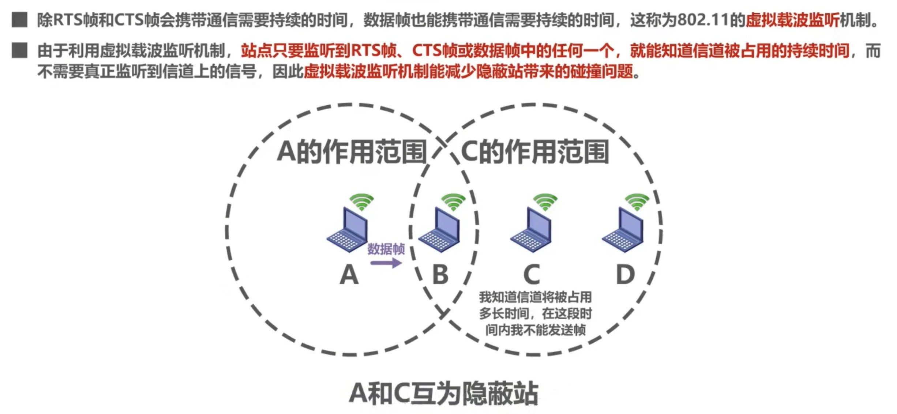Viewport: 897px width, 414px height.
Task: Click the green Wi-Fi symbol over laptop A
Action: coord(361,202)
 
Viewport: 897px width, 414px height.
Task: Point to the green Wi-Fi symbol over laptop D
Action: coord(637,202)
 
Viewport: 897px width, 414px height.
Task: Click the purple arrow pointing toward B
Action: coord(386,263)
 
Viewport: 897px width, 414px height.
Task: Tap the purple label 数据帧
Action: coord(386,249)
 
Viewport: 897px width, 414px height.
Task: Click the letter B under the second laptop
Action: coord(440,275)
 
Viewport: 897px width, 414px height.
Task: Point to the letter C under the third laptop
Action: coord(532,275)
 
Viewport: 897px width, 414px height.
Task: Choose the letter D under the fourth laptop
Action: coord(625,275)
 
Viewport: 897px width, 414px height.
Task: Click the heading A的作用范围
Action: coord(352,152)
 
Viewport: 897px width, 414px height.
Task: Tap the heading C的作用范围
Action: coord(535,152)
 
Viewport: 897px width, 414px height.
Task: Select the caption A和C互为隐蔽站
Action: coord(443,394)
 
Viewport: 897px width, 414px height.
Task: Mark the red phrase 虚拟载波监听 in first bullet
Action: coord(792,20)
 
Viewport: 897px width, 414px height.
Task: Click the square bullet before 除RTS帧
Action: coord(19,20)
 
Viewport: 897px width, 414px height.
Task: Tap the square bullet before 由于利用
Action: coord(19,50)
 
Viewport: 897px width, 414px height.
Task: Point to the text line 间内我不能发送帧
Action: coord(536,330)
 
